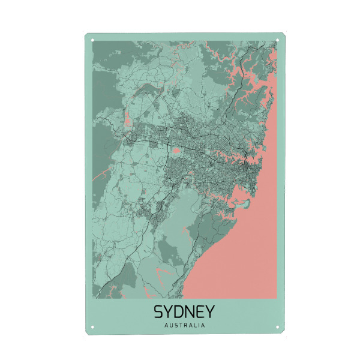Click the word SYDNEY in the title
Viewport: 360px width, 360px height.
point(184,313)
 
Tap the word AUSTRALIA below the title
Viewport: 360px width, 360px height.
point(184,326)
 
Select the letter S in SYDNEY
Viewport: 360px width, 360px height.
point(160,313)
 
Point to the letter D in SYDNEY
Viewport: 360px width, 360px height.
point(179,313)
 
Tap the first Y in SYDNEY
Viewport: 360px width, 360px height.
point(170,313)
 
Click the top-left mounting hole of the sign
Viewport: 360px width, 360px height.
point(92,41)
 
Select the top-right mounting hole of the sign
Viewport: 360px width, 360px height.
point(278,41)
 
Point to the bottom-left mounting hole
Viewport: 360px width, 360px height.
point(92,328)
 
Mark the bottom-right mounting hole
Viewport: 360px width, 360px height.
point(277,328)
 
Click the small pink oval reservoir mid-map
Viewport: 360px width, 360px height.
point(177,151)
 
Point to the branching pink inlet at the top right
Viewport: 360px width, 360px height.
point(252,78)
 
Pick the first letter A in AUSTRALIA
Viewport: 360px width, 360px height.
point(165,326)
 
